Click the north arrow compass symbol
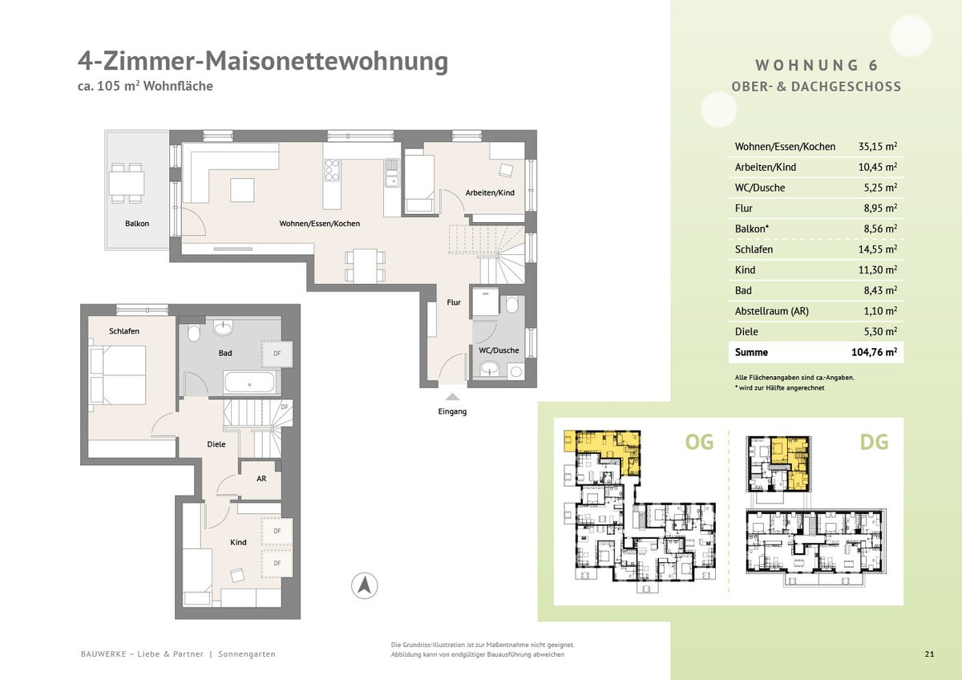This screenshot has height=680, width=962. coord(365,585)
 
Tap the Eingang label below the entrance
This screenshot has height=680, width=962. coord(452,411)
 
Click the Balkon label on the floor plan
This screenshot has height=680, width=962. coord(137,224)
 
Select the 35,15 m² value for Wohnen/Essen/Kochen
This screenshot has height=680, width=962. coord(877,146)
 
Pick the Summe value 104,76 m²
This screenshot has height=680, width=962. coord(874,352)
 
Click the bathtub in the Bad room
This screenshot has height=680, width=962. coord(249,382)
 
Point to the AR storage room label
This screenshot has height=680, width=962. coord(261,478)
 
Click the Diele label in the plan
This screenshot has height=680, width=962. coord(216,444)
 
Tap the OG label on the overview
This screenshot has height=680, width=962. coord(699,442)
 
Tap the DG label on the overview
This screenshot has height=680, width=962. coord(874,442)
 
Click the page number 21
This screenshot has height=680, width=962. coord(929,654)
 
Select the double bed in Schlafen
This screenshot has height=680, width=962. coord(118,375)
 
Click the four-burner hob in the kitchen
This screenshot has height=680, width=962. coord(332,170)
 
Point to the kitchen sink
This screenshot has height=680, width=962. coord(392,173)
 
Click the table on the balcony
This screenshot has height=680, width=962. coord(127,184)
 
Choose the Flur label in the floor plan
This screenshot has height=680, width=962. coord(454,302)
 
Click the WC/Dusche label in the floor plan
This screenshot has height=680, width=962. coord(499,350)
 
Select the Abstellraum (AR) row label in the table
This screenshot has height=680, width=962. coord(772,311)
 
